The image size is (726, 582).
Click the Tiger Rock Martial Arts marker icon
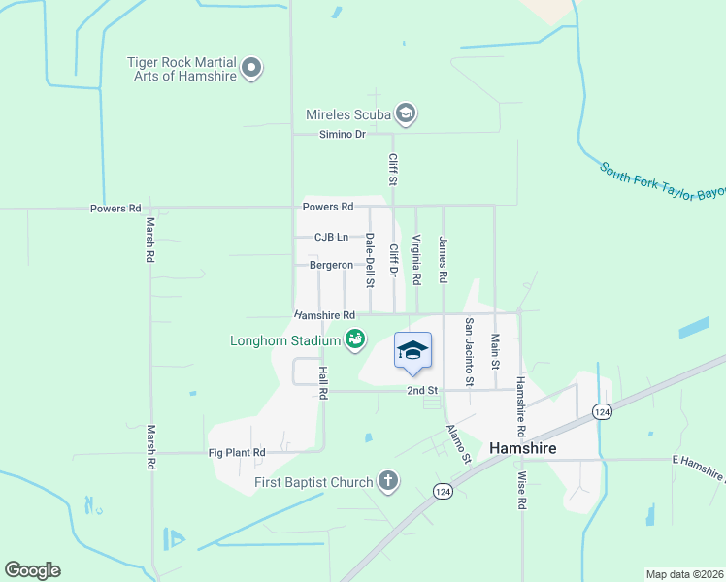click(x=252, y=68)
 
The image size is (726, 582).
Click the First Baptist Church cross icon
click(x=387, y=481)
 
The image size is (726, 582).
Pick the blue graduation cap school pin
click(x=412, y=351)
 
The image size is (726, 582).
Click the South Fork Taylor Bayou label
click(x=662, y=181)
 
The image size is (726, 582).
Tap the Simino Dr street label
click(x=343, y=135)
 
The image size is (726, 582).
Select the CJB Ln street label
click(x=331, y=237)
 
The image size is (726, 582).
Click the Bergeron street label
click(x=331, y=265)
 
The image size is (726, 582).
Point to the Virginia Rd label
click(x=416, y=260)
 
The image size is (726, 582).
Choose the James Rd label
click(x=443, y=260)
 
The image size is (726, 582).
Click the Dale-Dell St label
click(x=370, y=260)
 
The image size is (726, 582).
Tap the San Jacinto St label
click(x=469, y=352)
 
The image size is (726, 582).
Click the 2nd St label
click(x=422, y=390)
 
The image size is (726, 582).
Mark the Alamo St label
click(x=459, y=442)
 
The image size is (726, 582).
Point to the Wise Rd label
click(x=521, y=491)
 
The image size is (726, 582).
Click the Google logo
click(x=32, y=570)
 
